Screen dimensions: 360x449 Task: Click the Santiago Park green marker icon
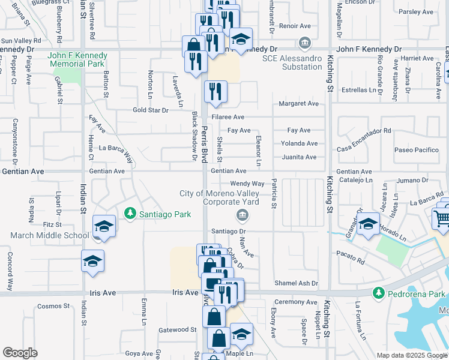[x=130, y=214]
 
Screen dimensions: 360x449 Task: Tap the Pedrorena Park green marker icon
[x=378, y=293]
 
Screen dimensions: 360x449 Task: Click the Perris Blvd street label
[x=205, y=144]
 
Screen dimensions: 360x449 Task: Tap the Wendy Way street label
[x=247, y=184]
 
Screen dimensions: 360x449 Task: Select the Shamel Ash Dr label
[x=296, y=283]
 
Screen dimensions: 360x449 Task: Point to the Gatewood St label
[x=177, y=329]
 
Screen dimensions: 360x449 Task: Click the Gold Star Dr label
[x=151, y=110]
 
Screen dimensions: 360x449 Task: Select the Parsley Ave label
[x=415, y=12]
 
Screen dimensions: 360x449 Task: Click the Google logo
[x=20, y=353]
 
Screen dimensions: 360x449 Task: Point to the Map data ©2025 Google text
[x=411, y=355]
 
